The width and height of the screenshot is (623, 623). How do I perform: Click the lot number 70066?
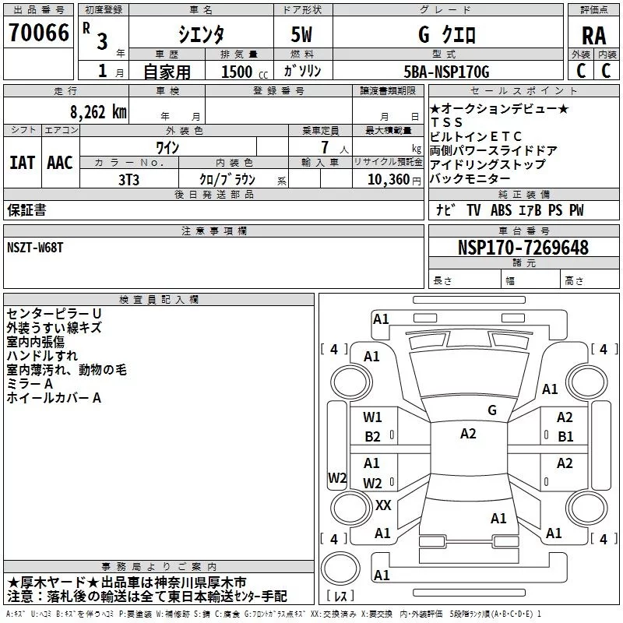coord(38,33)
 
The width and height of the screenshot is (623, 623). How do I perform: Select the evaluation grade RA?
coord(593,36)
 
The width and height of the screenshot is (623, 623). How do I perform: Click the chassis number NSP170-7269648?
coord(523,248)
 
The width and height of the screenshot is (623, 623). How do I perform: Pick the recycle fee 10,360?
coord(387,179)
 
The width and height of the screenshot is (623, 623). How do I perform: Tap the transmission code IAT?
coord(22,163)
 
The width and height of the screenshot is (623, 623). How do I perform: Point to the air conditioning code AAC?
coord(60,163)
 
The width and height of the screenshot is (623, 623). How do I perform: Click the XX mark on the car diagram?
coord(383,505)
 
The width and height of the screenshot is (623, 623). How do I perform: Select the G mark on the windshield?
coord(491,410)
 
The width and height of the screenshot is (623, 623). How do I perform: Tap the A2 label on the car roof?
coord(468,434)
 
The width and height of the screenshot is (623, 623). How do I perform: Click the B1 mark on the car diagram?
coord(565,436)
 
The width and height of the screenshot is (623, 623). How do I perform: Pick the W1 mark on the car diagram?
coord(372,417)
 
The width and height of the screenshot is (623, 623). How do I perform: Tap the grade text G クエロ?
coord(446,36)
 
